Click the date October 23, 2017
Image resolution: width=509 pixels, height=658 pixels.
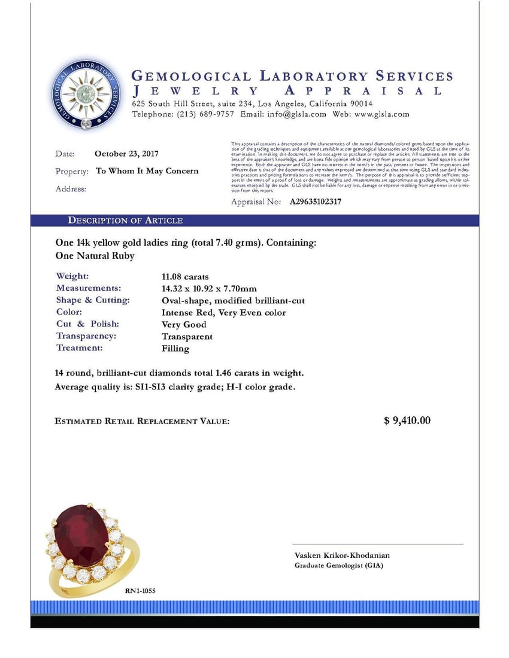click(126, 154)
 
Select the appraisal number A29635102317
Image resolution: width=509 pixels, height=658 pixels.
click(316, 202)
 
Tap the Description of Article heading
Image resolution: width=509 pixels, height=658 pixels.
click(125, 221)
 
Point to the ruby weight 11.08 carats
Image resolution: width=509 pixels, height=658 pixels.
click(185, 276)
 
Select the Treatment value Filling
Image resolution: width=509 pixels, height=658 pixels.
click(175, 348)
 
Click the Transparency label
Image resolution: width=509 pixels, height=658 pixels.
click(86, 336)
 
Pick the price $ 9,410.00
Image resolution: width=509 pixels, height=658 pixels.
click(407, 421)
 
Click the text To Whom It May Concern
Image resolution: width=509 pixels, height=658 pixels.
click(147, 171)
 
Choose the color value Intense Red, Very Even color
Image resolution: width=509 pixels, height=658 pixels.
click(223, 312)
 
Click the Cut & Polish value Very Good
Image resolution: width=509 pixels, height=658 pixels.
click(184, 324)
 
